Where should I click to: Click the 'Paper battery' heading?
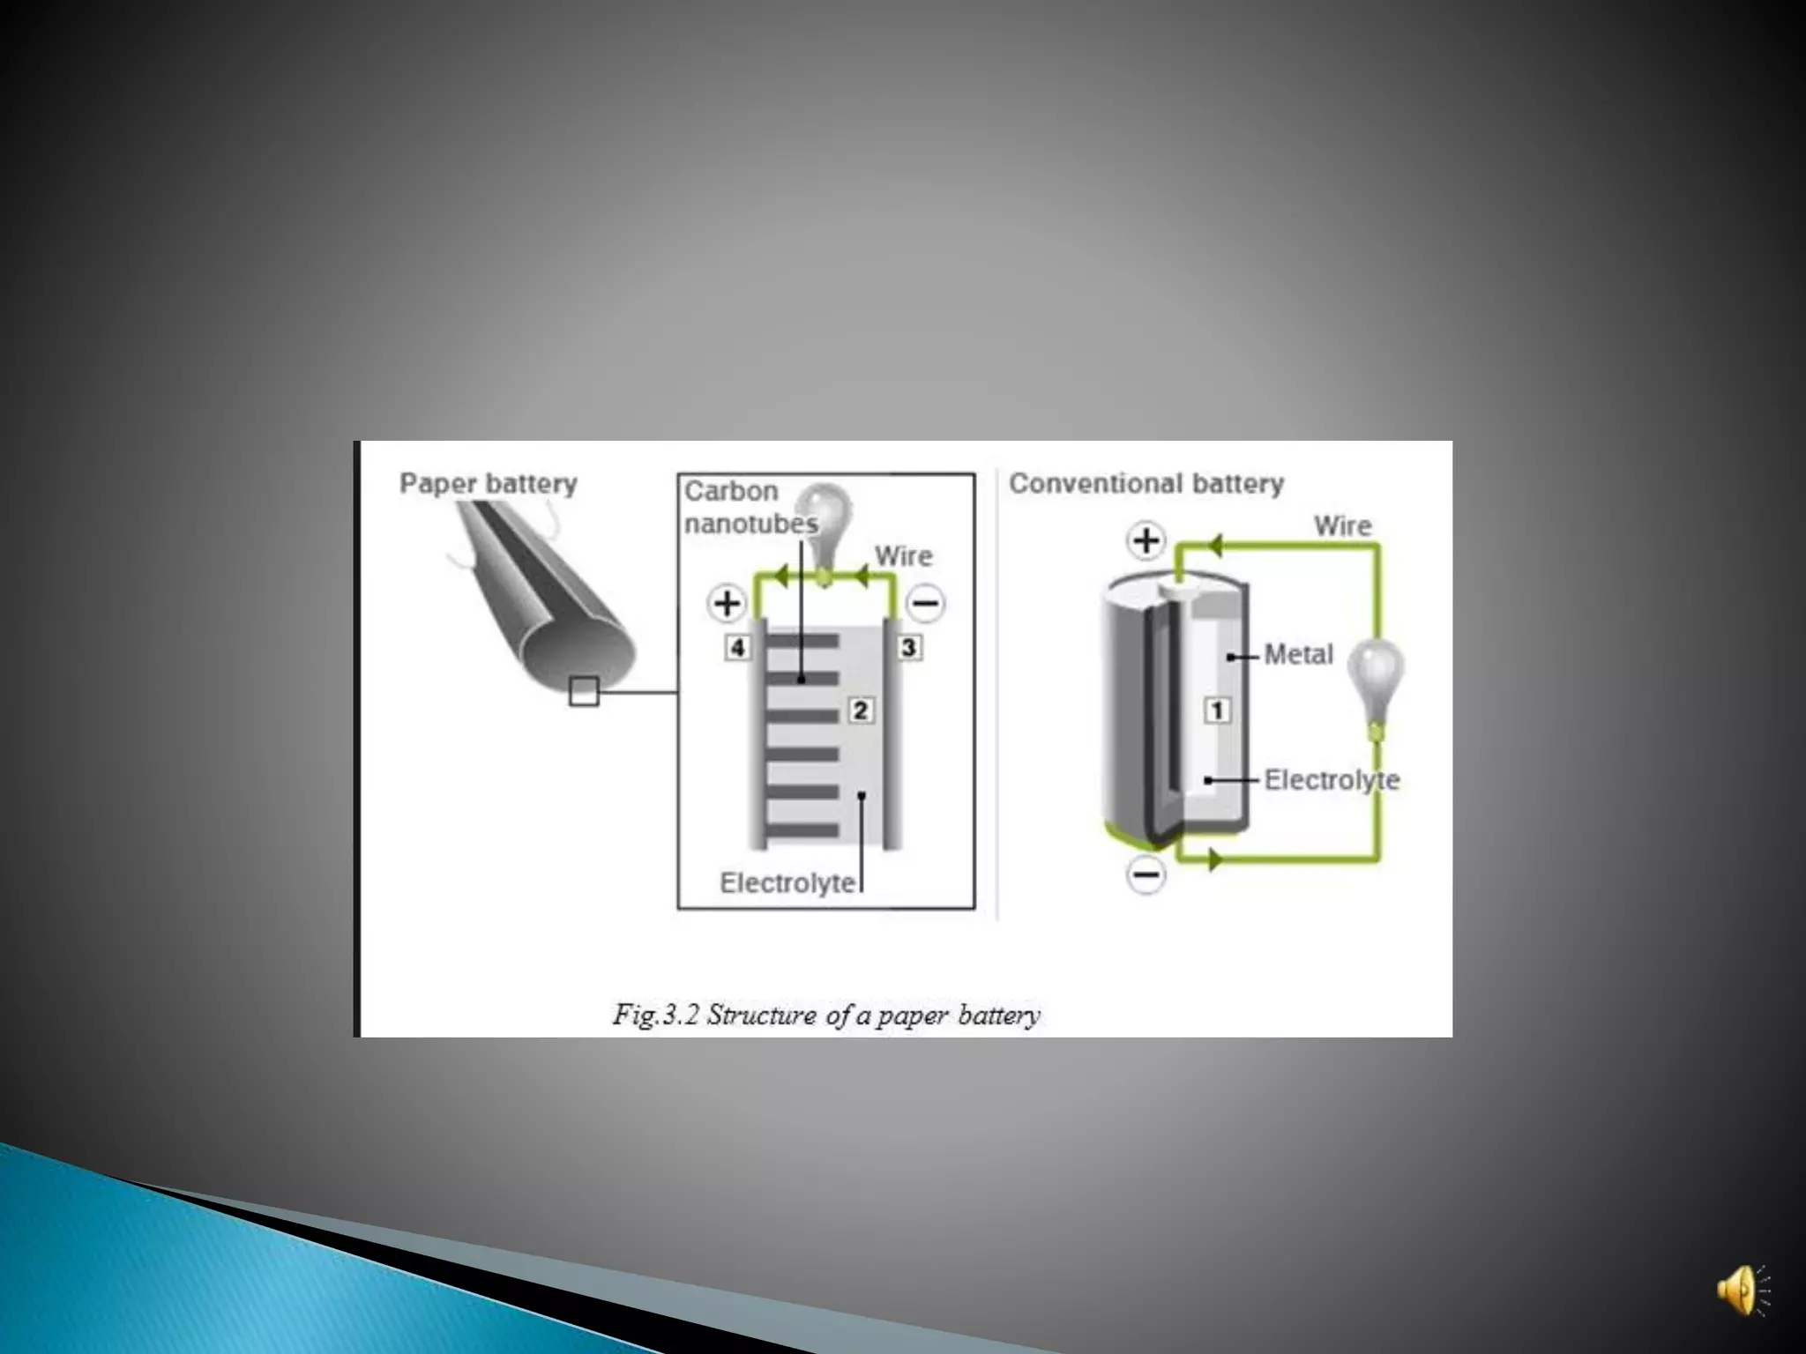pyautogui.click(x=488, y=483)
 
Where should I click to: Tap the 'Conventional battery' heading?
pyautogui.click(x=1146, y=483)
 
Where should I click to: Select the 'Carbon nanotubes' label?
pyautogui.click(x=750, y=507)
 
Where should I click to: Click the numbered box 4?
pyautogui.click(x=737, y=648)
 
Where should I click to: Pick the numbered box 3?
pyautogui.click(x=909, y=648)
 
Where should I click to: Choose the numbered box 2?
pyautogui.click(x=861, y=710)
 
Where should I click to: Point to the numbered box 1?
pyautogui.click(x=1217, y=710)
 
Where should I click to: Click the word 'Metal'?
pyautogui.click(x=1298, y=654)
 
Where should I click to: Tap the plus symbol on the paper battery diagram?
pyautogui.click(x=727, y=604)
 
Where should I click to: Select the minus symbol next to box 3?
pyautogui.click(x=926, y=604)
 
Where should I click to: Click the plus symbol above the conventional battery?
pyautogui.click(x=1146, y=540)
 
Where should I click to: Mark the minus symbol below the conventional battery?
pyautogui.click(x=1146, y=874)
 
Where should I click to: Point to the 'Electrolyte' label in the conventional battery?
pyautogui.click(x=1332, y=780)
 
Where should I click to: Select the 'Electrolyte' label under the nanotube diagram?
pyautogui.click(x=787, y=882)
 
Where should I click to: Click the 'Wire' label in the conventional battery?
pyautogui.click(x=1342, y=526)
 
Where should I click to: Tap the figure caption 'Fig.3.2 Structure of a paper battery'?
pyautogui.click(x=826, y=1015)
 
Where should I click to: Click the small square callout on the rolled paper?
pyautogui.click(x=584, y=691)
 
